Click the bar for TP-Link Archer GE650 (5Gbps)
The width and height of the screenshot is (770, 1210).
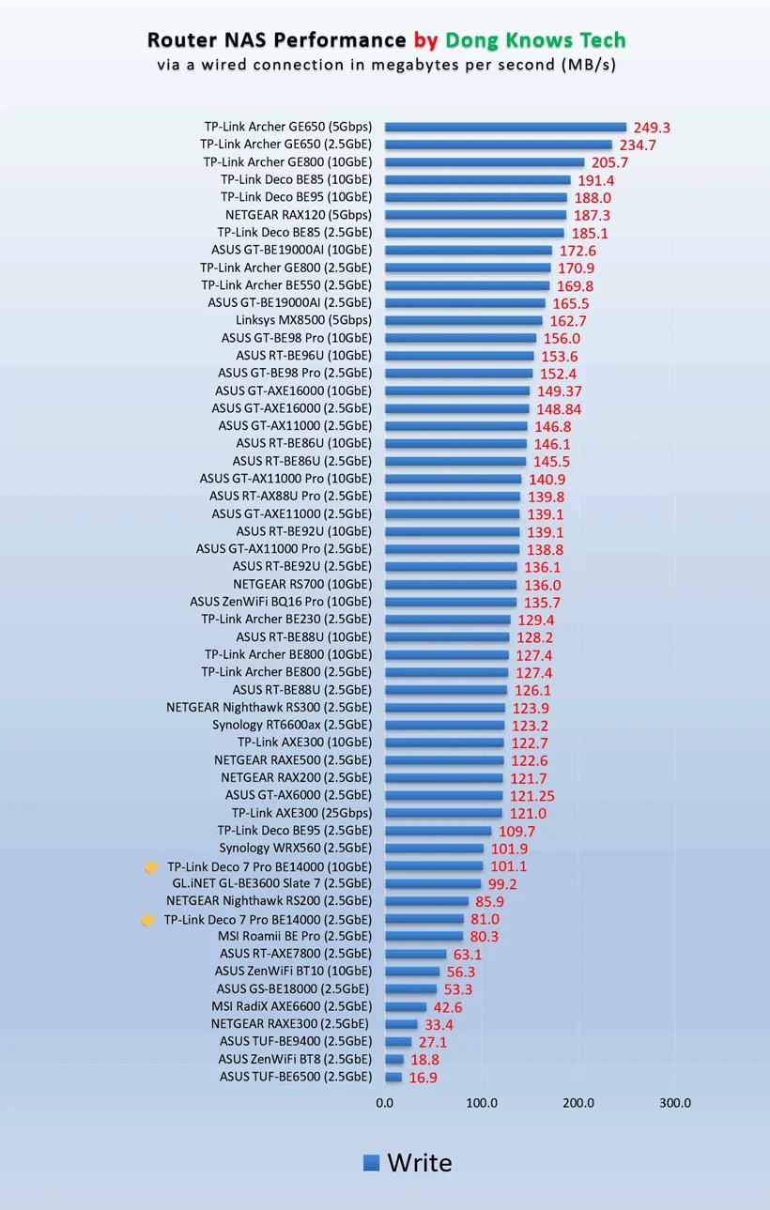point(505,127)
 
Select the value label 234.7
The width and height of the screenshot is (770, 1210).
point(638,145)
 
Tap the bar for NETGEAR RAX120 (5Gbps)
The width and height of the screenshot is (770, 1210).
point(475,215)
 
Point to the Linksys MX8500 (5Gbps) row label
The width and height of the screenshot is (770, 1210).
point(303,320)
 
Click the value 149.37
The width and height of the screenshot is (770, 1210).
point(560,391)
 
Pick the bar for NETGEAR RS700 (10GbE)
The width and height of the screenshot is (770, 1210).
point(451,585)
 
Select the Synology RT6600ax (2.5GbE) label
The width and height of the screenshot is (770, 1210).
point(292,725)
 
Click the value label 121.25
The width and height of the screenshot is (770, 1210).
point(532,796)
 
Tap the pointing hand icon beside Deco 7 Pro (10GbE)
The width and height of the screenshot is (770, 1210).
point(151,866)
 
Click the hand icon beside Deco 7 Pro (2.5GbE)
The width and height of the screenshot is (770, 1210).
point(148,919)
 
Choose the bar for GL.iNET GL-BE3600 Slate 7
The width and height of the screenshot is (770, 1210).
point(433,883)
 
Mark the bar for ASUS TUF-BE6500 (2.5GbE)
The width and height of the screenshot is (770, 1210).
point(393,1077)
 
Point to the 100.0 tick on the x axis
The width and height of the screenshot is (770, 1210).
point(482,1103)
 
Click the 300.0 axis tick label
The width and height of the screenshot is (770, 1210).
point(675,1103)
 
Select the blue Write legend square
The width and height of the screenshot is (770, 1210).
point(371,1163)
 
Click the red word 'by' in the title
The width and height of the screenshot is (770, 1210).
point(425,40)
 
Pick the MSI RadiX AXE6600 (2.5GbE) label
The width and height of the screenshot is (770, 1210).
point(292,1006)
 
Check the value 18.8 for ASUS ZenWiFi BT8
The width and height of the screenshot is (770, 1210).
point(424,1059)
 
